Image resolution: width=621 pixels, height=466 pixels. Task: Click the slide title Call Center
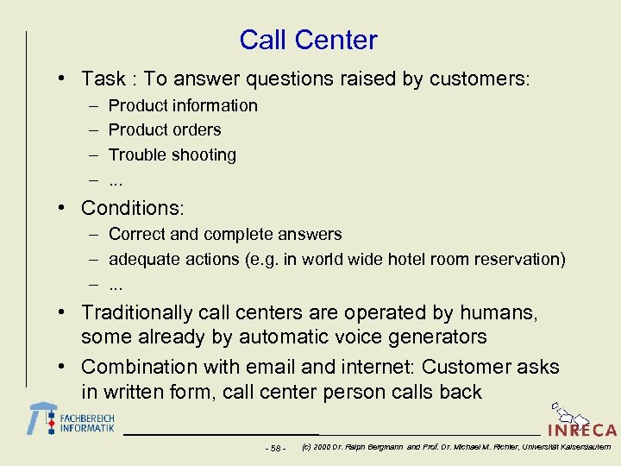point(308,40)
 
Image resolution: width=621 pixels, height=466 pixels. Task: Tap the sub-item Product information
point(183,105)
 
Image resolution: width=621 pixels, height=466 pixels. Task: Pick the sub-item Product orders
point(165,130)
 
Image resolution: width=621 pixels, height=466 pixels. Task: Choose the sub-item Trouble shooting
point(172,155)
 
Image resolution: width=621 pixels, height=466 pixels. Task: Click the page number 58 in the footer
point(275,448)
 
